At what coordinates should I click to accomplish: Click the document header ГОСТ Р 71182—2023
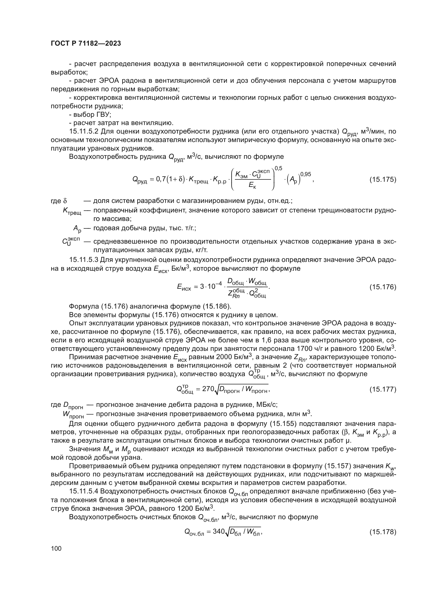(86, 44)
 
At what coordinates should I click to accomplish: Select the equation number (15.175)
(383, 180)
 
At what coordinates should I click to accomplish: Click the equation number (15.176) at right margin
(383, 287)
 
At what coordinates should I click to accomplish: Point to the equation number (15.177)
(383, 389)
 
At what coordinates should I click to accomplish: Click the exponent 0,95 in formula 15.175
(305, 174)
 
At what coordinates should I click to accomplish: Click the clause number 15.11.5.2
(84, 131)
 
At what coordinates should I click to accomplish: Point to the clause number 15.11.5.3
(84, 260)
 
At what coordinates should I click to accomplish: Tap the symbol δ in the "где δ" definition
(65, 201)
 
